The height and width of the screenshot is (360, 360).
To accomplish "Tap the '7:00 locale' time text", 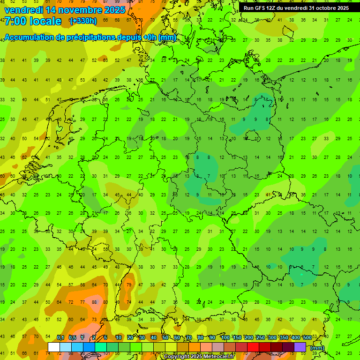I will point(33,21).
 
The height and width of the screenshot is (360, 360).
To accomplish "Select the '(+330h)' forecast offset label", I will point(83,21).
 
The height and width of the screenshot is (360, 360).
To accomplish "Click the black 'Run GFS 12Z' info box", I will point(296,8).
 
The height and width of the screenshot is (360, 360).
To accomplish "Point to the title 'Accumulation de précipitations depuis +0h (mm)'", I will point(90,37).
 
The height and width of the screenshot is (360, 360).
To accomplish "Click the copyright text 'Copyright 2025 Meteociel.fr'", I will point(199,357).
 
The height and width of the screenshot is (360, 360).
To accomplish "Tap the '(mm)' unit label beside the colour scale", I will point(317,347).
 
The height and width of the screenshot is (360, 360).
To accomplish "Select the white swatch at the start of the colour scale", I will point(54,347).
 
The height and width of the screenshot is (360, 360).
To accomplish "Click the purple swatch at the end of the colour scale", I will point(300,347).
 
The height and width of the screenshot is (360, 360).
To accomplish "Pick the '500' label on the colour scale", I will point(307,337).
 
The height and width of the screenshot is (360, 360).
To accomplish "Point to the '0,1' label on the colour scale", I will point(60,337).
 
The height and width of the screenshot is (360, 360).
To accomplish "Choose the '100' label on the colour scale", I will point(225,337).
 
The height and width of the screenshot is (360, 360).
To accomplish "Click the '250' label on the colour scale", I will point(260,337).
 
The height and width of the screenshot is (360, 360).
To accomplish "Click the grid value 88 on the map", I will point(95,302).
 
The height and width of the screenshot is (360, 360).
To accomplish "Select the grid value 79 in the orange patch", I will point(129,285).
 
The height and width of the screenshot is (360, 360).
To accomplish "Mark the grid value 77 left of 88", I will point(82,302).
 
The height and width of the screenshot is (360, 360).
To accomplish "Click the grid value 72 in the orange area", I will point(71,302).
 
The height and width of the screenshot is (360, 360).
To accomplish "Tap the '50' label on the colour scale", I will point(165,337).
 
